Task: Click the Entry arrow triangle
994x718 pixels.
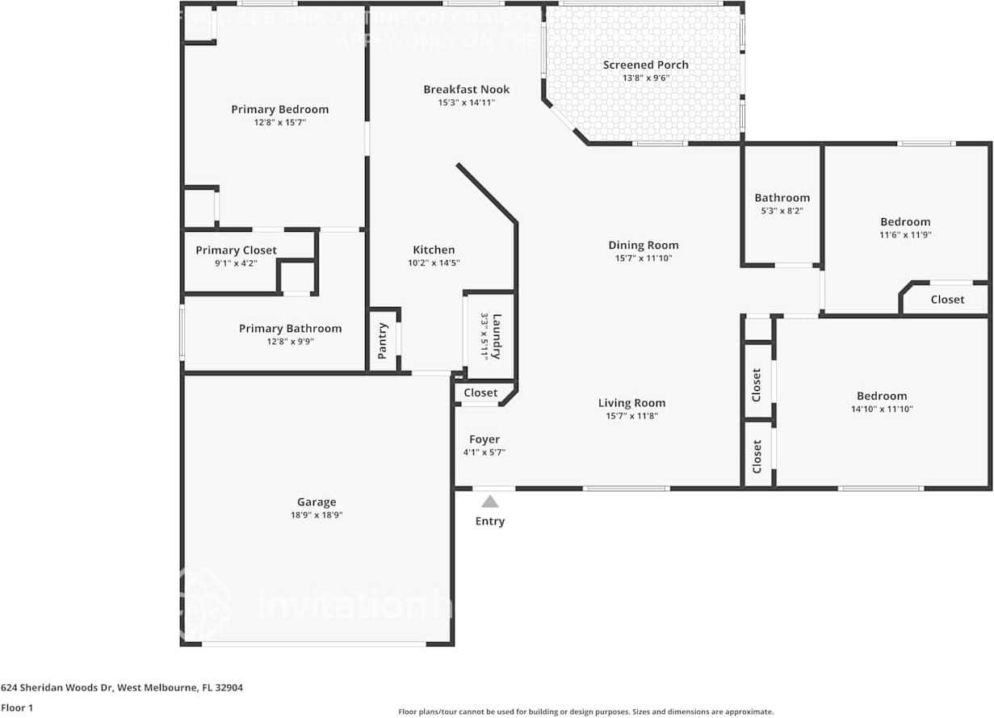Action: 490,502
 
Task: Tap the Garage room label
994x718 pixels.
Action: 316,502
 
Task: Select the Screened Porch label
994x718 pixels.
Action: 646,65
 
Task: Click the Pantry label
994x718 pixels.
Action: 383,340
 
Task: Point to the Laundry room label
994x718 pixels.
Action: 497,335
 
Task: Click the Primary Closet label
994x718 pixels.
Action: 236,250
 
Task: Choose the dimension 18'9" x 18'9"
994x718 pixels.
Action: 316,514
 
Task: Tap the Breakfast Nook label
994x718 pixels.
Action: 467,90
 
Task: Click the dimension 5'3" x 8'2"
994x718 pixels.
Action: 782,211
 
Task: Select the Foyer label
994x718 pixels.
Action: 484,439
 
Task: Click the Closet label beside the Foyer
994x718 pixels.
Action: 480,393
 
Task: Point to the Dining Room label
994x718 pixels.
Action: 644,246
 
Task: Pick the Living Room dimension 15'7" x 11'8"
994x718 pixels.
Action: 632,416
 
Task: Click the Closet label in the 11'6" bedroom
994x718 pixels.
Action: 947,299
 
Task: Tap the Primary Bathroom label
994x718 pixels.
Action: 290,328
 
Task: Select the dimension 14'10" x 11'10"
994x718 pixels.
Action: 882,409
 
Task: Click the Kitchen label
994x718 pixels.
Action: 434,250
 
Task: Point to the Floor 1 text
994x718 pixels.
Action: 16,708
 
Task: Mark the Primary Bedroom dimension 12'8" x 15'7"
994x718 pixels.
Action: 279,122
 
